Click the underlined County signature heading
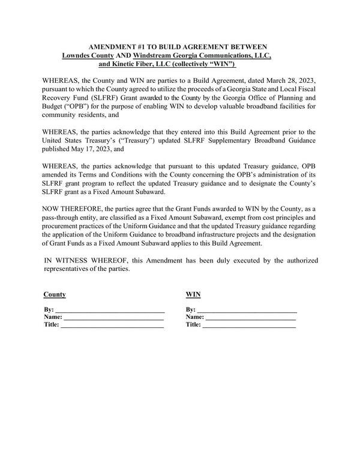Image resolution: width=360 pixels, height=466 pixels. click(55, 295)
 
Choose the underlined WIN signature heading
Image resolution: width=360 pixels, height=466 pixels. click(193, 295)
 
